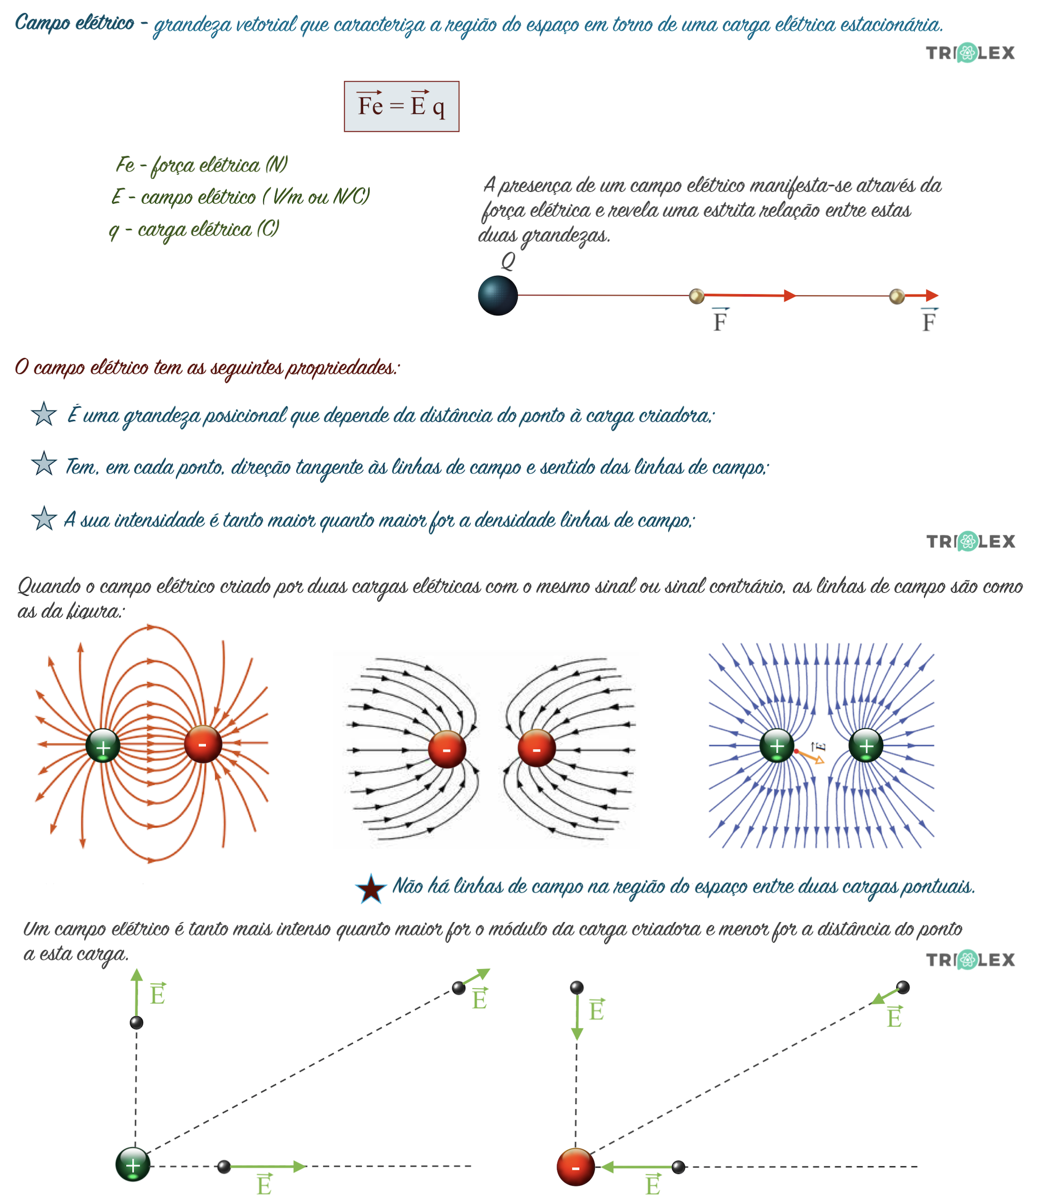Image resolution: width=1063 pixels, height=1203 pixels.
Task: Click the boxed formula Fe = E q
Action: (401, 106)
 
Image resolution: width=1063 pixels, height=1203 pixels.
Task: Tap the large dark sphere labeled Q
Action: (497, 295)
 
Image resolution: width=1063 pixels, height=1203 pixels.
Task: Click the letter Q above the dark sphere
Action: (508, 261)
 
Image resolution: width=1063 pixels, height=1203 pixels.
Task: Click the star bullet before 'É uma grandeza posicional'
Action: (43, 414)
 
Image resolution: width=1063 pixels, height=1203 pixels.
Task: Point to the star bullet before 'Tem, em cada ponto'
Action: (43, 464)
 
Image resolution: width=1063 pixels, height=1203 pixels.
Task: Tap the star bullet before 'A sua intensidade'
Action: (43, 518)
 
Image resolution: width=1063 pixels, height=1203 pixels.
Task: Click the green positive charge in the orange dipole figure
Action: (103, 746)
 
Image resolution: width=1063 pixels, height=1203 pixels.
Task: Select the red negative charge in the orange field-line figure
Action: (203, 744)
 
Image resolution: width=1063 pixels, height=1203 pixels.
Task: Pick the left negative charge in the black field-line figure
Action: (447, 749)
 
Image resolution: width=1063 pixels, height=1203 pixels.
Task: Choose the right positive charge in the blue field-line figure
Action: (866, 745)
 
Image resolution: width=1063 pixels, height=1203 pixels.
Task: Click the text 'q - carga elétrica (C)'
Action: (194, 229)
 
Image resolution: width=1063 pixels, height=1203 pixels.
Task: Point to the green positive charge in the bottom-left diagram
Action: (133, 1164)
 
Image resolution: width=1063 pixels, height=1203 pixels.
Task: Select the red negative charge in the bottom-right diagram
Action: (575, 1166)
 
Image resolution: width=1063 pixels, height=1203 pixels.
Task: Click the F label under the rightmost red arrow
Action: (929, 321)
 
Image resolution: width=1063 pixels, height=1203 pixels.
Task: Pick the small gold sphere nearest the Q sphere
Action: (696, 295)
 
